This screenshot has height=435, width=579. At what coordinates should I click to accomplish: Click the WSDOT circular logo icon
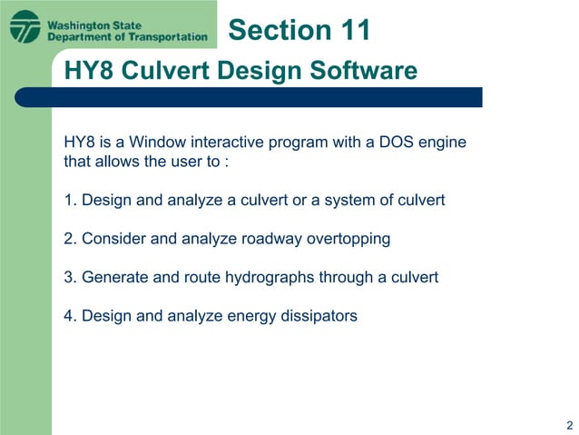point(25,26)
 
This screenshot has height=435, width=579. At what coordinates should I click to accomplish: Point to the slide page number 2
point(568,425)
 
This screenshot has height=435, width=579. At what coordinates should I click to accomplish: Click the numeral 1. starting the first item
point(70,200)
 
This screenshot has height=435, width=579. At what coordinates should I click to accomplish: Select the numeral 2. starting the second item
point(70,239)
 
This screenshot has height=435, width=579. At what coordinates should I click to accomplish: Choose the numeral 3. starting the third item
point(70,277)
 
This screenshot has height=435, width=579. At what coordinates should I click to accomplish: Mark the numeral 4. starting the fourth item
point(70,316)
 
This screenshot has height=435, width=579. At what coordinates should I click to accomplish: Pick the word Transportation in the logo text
point(167,36)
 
